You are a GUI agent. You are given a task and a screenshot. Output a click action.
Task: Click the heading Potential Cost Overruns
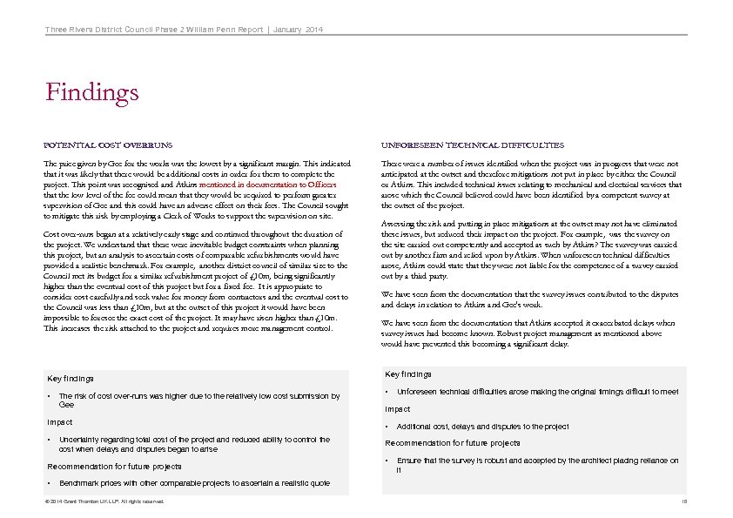pos(109,145)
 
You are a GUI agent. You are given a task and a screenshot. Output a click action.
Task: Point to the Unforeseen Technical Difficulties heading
pos(473,145)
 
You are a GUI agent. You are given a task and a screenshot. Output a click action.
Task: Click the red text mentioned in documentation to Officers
pos(278,185)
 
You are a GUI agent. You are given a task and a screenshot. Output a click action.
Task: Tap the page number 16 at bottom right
pos(684,502)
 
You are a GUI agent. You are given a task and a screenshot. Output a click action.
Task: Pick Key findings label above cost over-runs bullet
pos(70,379)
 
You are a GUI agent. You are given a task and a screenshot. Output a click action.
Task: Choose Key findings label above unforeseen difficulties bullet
pos(408,374)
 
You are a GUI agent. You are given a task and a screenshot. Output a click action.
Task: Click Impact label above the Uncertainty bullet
pos(59,422)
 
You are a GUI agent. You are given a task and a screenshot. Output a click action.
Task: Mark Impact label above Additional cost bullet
pos(398,408)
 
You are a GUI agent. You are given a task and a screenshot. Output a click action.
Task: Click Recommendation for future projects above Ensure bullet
pos(440,443)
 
